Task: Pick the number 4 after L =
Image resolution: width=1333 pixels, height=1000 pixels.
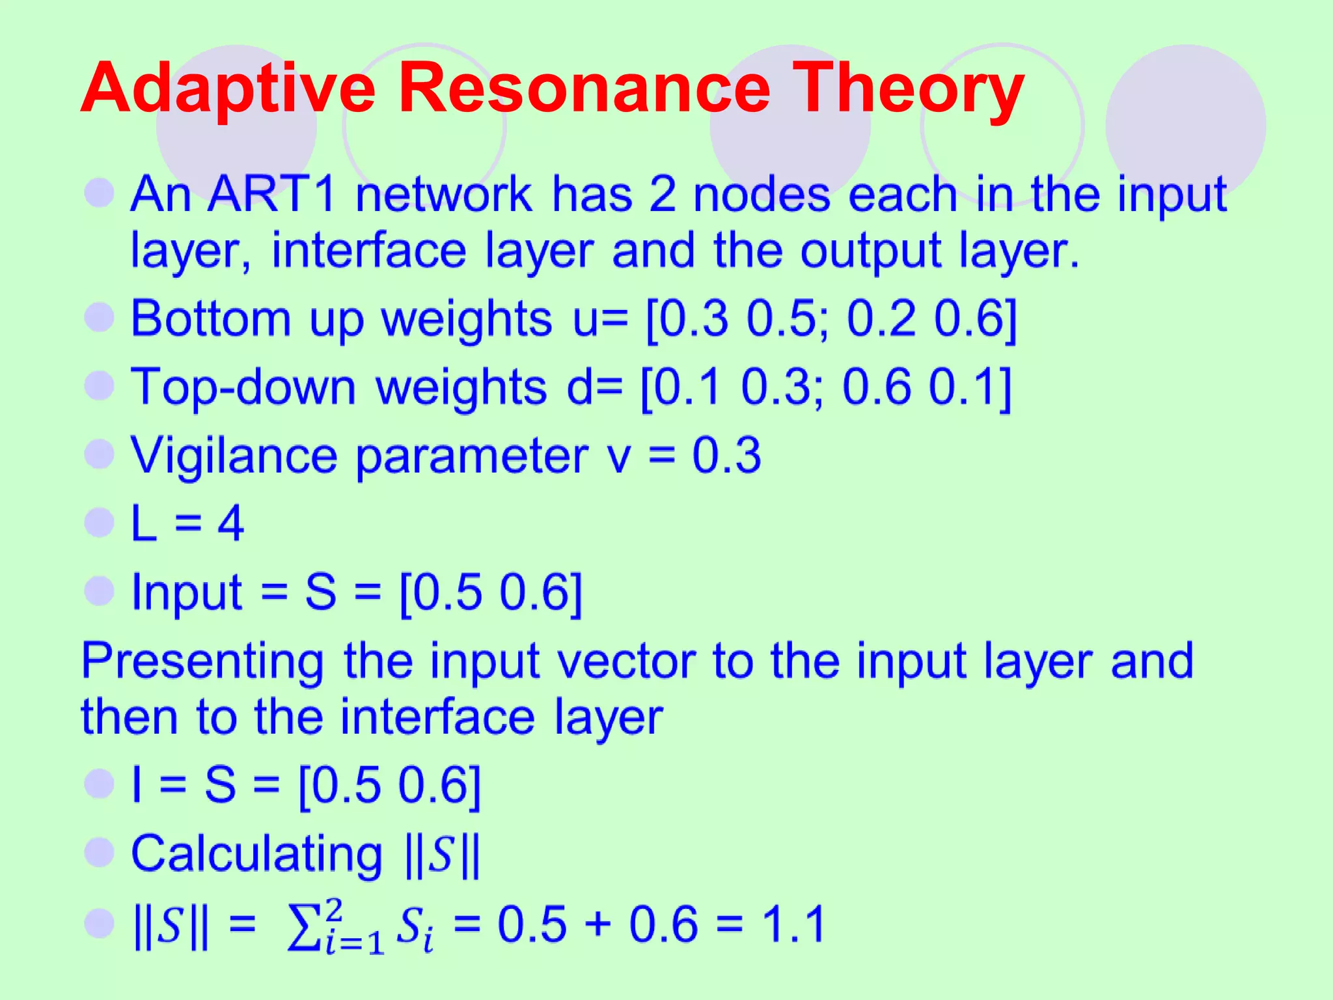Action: pyautogui.click(x=231, y=523)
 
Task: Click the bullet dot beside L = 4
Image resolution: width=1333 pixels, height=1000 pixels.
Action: pyautogui.click(x=100, y=522)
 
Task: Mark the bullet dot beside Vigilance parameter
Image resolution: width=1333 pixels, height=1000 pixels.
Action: pyautogui.click(x=100, y=454)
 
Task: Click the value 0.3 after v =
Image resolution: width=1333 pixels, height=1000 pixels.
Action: pyautogui.click(x=726, y=456)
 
